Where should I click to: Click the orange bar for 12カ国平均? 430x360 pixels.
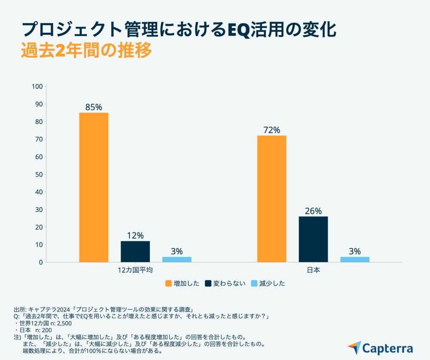[94, 187]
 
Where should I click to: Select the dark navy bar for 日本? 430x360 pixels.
[313, 239]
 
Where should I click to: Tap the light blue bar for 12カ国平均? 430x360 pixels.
[177, 259]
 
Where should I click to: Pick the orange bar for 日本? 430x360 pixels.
[272, 199]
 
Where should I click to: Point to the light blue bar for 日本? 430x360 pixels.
[355, 259]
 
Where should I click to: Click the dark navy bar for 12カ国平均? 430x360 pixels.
[135, 252]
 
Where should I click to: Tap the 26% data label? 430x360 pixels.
[313, 211]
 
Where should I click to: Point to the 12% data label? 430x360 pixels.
[135, 236]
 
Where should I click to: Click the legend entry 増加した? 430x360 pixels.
[182, 283]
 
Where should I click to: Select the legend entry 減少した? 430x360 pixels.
[267, 283]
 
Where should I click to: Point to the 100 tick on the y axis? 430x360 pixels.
[37, 86]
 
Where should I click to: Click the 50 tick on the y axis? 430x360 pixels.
[39, 174]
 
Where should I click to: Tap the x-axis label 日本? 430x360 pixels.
[313, 271]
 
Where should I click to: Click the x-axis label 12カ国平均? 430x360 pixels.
[135, 271]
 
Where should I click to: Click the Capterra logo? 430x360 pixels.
[380, 348]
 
